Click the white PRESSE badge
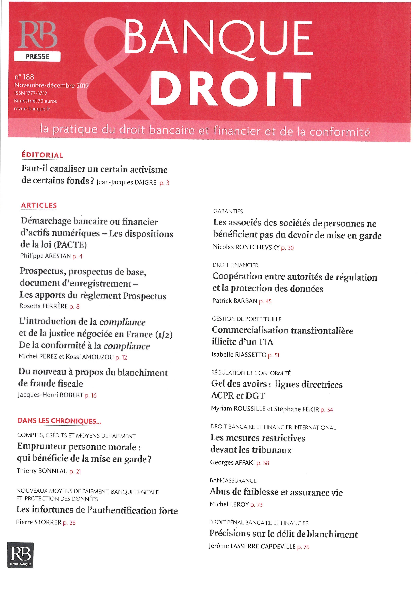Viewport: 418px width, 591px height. tap(37, 57)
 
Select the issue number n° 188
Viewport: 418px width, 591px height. tap(24, 77)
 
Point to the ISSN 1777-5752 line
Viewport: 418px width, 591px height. tap(31, 93)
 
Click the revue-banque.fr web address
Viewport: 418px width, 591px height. tap(32, 109)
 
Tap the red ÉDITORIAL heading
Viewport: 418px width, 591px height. tap(42, 155)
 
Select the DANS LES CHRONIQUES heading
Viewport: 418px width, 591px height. tap(59, 421)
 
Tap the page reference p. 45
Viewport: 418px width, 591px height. tap(265, 301)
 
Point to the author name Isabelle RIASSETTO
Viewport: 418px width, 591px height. tap(239, 355)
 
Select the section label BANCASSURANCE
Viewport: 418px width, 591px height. tap(233, 481)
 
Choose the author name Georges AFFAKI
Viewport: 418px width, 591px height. tap(232, 463)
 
